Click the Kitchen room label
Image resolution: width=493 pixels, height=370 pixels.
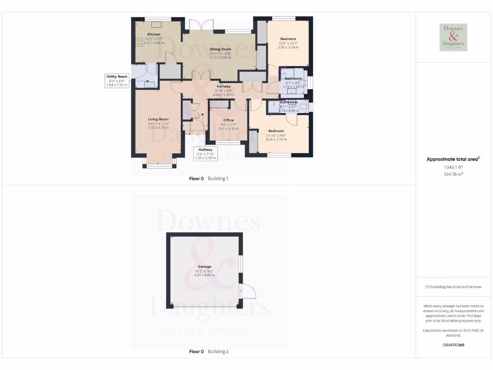(154, 35)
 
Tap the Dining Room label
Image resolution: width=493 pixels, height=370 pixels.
(220, 49)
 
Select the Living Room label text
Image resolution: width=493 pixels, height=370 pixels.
(158, 119)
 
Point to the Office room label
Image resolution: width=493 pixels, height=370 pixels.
(228, 120)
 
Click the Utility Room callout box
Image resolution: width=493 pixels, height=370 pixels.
(117, 80)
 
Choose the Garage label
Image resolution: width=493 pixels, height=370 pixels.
(205, 266)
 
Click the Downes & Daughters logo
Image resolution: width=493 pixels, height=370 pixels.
(453, 37)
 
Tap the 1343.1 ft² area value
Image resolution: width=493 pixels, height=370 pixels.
(453, 167)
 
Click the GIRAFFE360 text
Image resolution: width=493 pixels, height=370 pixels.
(453, 345)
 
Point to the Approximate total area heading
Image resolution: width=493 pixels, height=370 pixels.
(453, 159)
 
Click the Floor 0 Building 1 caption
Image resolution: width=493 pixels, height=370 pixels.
(208, 179)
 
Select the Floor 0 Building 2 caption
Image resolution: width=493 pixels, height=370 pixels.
(208, 352)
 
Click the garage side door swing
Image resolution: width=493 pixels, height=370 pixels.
(248, 291)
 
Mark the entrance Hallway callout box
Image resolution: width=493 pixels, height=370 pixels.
(206, 154)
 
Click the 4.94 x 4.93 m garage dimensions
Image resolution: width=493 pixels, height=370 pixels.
(205, 276)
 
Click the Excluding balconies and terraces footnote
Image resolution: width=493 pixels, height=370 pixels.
(453, 287)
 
